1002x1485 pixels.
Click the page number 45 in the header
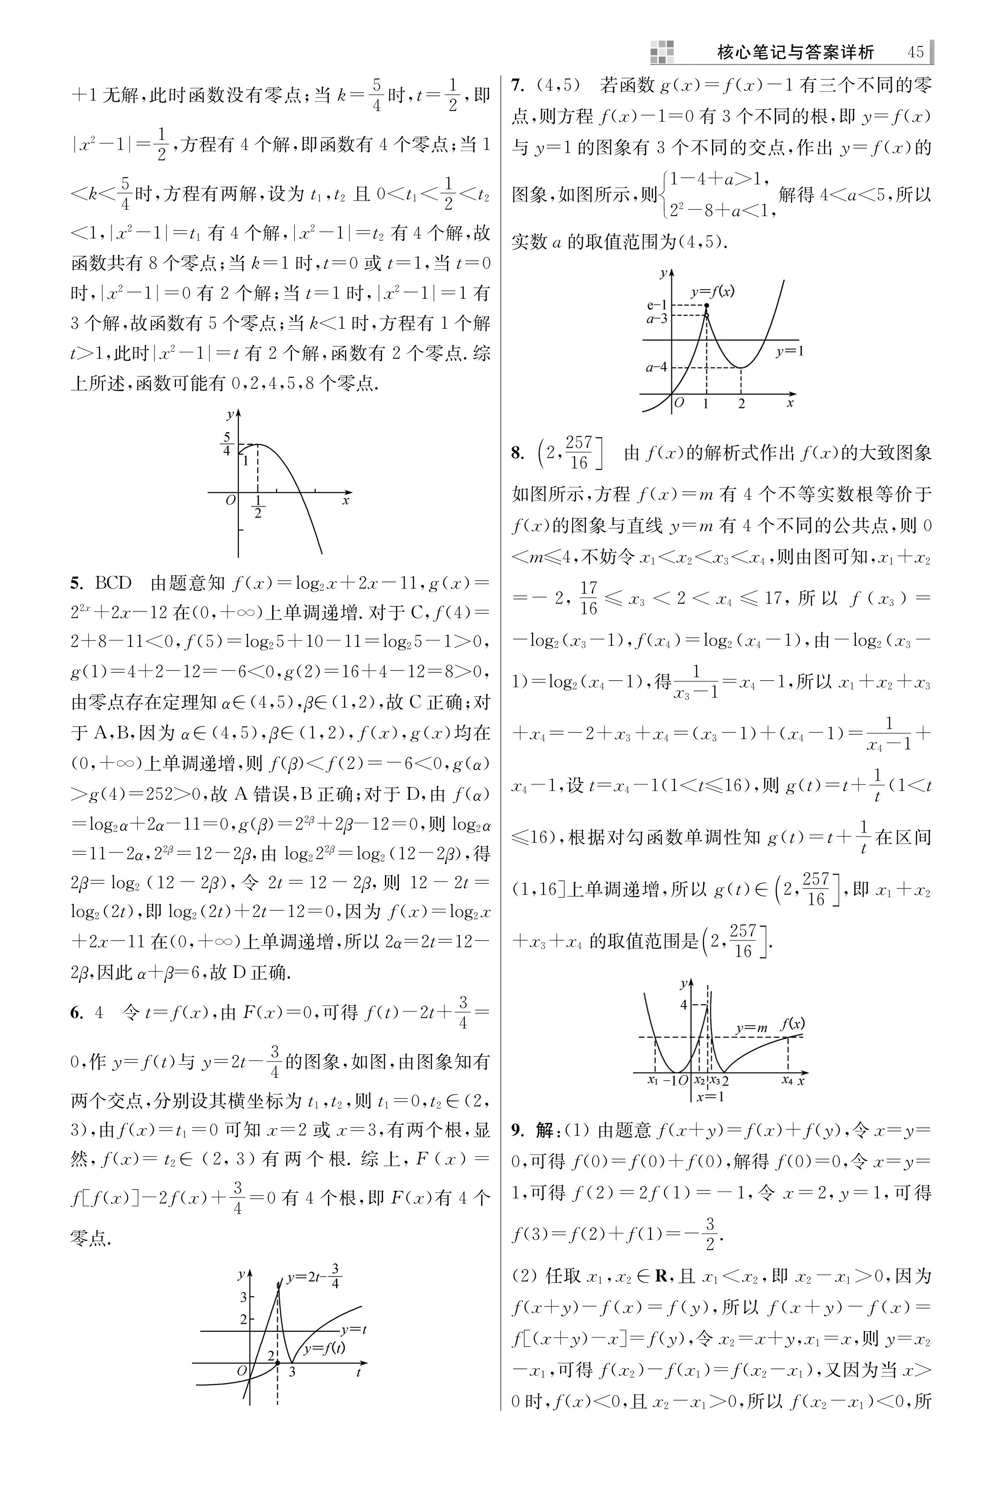[x=915, y=52]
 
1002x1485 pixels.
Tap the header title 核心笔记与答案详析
[x=796, y=52]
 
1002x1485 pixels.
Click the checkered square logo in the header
[x=662, y=52]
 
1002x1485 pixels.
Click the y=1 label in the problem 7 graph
[x=790, y=351]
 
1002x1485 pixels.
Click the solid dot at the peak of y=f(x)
[x=706, y=306]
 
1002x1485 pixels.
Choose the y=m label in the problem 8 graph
[x=751, y=1028]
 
